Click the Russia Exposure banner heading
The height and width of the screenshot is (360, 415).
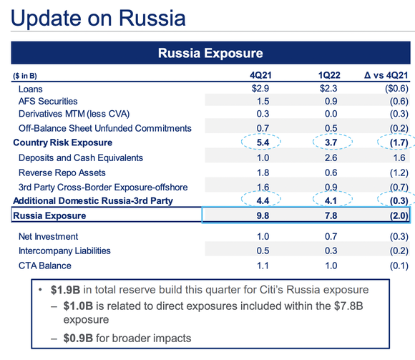(x=210, y=53)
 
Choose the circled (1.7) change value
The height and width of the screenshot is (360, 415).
(x=391, y=143)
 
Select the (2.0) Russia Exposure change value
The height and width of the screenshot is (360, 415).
(x=391, y=215)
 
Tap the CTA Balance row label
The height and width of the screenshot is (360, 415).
(x=45, y=266)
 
